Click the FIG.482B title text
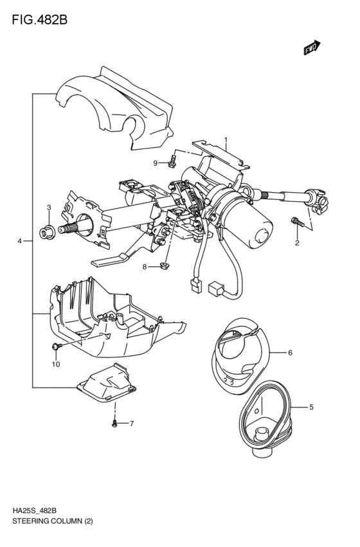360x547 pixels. point(39,19)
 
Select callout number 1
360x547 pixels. point(226,139)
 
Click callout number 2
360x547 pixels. point(297,243)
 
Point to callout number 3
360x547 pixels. point(49,207)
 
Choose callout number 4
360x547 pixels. point(20,241)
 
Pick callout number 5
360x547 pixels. point(311,407)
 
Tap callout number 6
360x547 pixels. point(290,352)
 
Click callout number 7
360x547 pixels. point(131,423)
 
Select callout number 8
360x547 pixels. point(145,266)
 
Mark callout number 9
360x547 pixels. point(156,163)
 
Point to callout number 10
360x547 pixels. point(55,364)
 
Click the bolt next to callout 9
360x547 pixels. point(173,161)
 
